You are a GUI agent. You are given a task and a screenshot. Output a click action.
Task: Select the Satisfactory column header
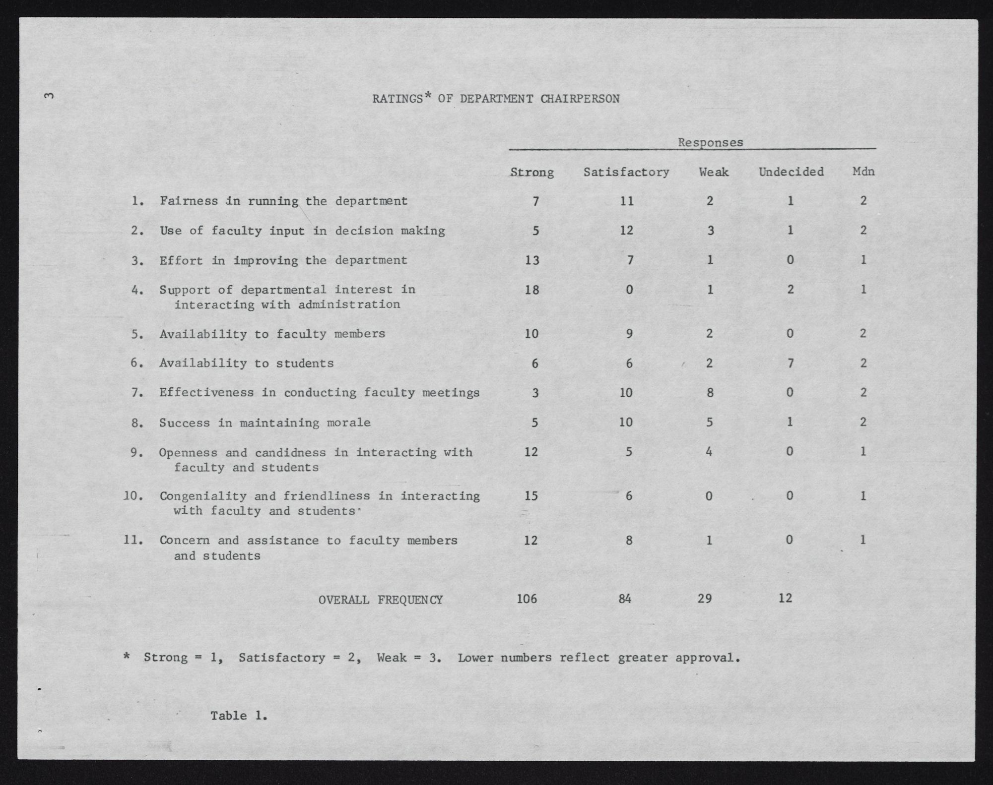(626, 172)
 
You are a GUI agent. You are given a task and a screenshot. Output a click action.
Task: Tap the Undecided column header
(791, 172)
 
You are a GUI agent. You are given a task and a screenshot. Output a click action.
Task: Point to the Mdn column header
(863, 172)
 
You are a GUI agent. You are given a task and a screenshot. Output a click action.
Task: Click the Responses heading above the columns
(710, 143)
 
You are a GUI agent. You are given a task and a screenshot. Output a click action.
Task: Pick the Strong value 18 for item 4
(531, 290)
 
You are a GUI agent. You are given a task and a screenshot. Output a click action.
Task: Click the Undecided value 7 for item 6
(791, 363)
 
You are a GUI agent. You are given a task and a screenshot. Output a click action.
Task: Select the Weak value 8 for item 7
(710, 393)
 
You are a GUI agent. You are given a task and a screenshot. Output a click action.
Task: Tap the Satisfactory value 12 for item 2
(626, 231)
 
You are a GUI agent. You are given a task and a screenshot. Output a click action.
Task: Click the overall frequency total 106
(527, 599)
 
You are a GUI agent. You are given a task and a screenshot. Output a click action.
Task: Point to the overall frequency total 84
(625, 599)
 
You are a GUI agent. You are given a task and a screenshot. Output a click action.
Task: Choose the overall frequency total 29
(705, 599)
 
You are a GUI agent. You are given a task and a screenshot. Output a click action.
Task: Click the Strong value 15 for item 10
(531, 496)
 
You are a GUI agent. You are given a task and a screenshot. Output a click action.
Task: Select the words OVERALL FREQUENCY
(380, 600)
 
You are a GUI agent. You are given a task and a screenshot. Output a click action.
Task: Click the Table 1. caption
(239, 716)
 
